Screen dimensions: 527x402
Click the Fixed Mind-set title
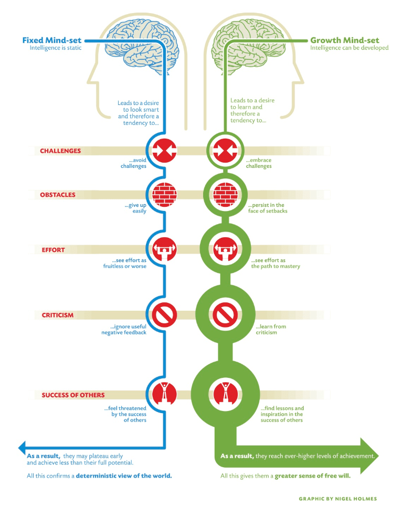51,40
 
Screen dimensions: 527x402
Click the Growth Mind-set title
344,40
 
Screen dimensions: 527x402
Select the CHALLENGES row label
60,151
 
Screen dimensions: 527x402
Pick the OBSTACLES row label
58,195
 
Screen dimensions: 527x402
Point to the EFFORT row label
54,250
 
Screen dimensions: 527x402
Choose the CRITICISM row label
58,315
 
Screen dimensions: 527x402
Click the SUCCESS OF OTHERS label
73,395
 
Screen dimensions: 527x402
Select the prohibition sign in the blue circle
165,315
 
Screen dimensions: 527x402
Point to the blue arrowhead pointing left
23,447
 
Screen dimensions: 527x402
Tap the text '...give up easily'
135,208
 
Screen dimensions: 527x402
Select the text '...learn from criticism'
271,330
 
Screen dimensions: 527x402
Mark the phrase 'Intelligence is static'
55,48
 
